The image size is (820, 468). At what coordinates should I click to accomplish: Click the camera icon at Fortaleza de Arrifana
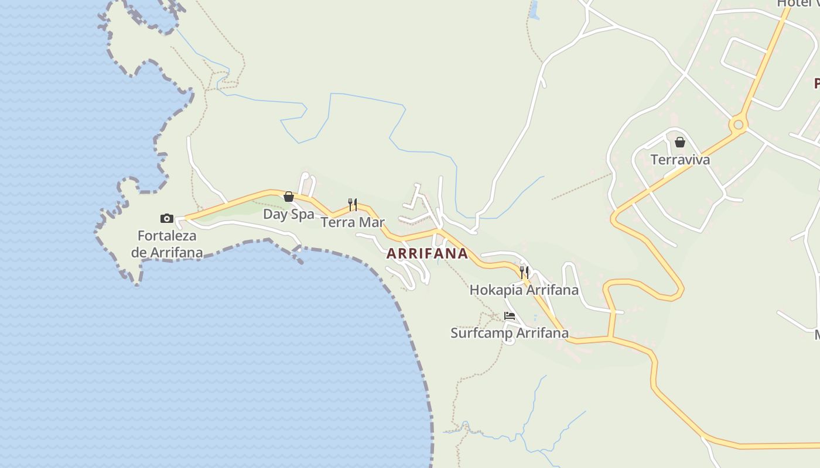coord(167,218)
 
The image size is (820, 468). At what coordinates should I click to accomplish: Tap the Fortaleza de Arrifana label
coord(167,244)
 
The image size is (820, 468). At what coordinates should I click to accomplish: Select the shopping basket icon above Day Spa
coord(289,197)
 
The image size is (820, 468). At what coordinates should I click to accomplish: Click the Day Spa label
coord(288,214)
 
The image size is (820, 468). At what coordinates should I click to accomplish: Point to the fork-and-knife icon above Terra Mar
coord(353,204)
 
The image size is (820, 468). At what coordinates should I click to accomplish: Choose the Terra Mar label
coord(353,222)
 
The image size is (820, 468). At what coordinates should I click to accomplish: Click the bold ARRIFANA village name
coord(427,254)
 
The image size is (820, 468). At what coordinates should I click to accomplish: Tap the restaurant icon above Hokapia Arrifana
coord(524,272)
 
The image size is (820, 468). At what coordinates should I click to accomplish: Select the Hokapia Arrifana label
coord(524,290)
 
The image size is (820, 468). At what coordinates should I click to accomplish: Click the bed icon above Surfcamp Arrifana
coord(510,316)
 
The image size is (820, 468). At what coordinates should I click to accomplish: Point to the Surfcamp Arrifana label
coord(509,333)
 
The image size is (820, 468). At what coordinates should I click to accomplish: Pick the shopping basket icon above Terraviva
coord(680,142)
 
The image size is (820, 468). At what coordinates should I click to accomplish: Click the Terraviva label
coord(680,160)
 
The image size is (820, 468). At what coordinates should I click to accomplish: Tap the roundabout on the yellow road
coord(738,124)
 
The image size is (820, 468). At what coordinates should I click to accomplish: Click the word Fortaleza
coord(167,236)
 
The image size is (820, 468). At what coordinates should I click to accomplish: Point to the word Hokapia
coord(496,290)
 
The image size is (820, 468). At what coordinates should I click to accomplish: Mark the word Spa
coord(303,214)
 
